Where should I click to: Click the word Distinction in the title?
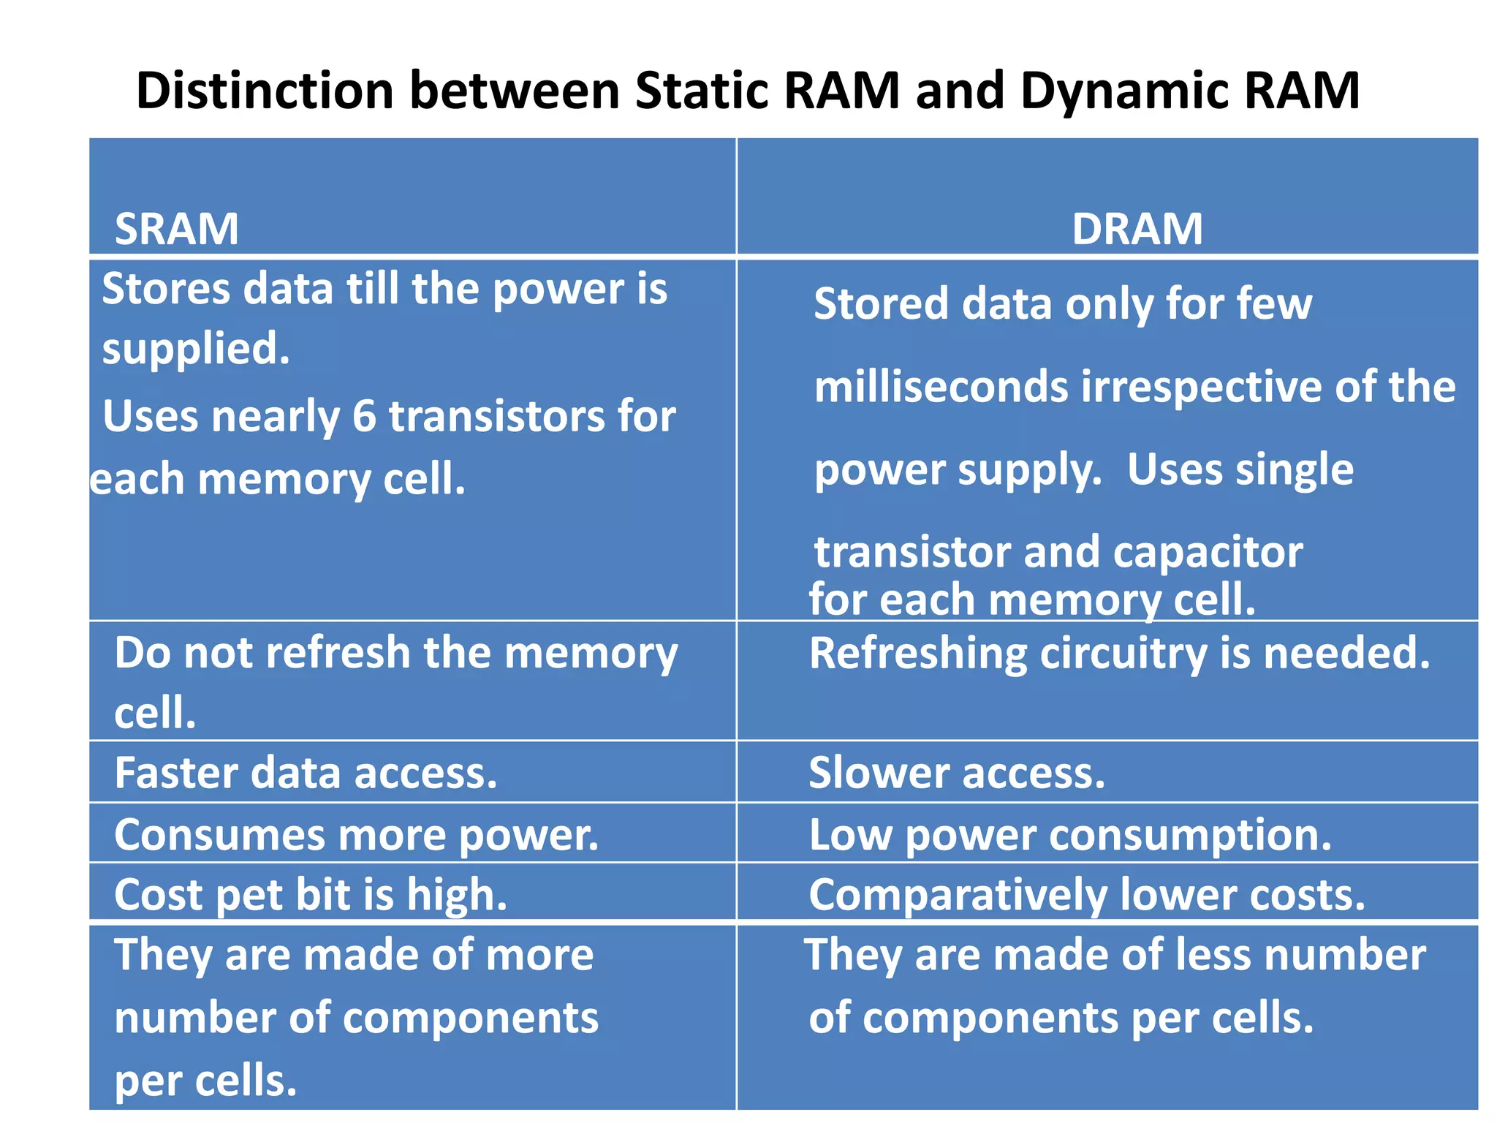[x=265, y=91]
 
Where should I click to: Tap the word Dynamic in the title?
[x=1122, y=92]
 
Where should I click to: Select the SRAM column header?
[x=177, y=229]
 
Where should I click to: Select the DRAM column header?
[x=1137, y=229]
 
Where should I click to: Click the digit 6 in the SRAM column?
[x=364, y=416]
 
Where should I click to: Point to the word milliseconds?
[x=941, y=387]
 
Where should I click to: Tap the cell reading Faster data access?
[x=306, y=773]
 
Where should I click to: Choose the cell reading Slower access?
[x=957, y=773]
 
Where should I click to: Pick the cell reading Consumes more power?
[x=356, y=834]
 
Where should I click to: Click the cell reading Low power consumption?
[x=1070, y=834]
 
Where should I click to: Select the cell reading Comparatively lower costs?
[x=1087, y=895]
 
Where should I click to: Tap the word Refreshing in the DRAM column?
[x=918, y=653]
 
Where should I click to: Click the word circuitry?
[x=1123, y=653]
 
